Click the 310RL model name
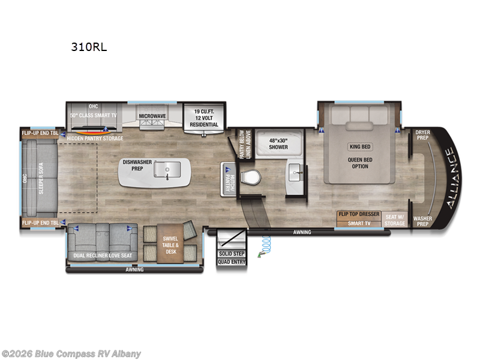[x=89, y=47]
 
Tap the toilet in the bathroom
[x=250, y=178]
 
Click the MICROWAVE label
[x=153, y=116]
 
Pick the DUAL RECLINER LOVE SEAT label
[x=102, y=256]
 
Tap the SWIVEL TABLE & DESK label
[x=170, y=244]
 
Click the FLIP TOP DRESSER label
[x=359, y=214]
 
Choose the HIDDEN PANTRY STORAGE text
[x=95, y=139]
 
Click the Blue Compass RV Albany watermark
[x=71, y=353]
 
